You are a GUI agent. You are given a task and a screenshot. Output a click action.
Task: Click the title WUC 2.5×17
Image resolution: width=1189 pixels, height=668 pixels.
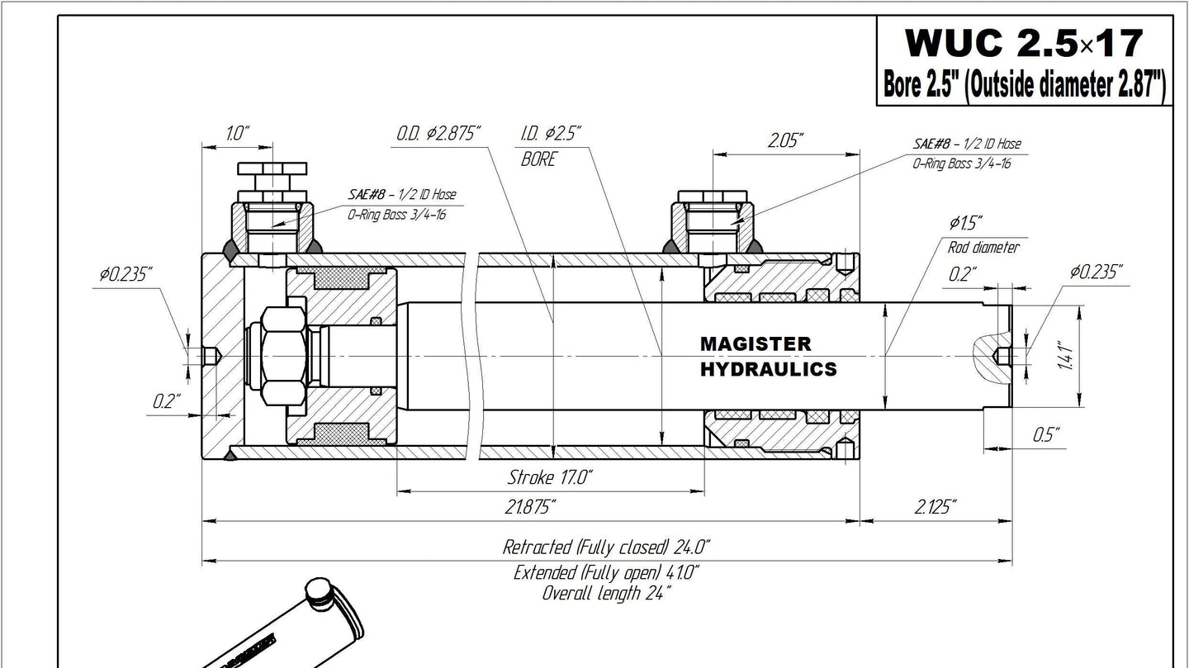tap(1024, 43)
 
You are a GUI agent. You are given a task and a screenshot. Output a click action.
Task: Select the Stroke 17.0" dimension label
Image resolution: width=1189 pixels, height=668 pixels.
tap(550, 477)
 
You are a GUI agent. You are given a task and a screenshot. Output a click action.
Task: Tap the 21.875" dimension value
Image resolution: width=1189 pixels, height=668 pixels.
tap(530, 507)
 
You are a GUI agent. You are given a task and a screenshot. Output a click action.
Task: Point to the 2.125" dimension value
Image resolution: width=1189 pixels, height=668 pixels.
tap(936, 507)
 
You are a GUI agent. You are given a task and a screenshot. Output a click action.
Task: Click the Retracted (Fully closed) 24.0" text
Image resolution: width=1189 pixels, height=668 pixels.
tap(606, 547)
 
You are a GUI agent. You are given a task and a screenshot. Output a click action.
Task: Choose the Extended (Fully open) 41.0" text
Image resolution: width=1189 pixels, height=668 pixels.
tap(606, 573)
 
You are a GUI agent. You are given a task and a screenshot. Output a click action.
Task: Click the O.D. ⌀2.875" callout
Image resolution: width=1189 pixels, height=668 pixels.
tap(438, 133)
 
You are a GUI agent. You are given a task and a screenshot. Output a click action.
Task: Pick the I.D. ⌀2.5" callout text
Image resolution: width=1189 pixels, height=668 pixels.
tap(551, 133)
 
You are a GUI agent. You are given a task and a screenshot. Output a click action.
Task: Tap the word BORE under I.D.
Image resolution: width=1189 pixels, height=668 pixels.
tap(538, 159)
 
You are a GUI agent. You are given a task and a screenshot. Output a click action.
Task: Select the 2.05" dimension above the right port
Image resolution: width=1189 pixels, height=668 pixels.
tap(785, 140)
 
